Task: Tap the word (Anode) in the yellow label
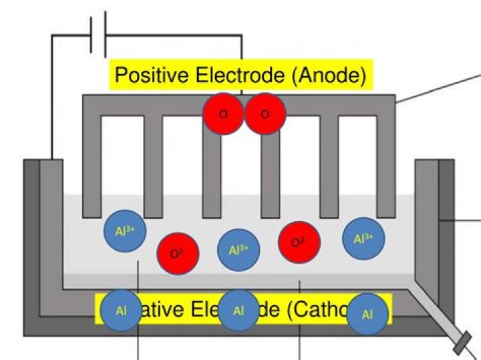(x=329, y=75)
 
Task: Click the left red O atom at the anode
(x=223, y=114)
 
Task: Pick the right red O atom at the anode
(x=265, y=114)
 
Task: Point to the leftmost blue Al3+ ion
(x=125, y=231)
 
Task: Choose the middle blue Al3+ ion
(x=238, y=250)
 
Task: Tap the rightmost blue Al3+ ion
(x=363, y=238)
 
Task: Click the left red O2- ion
(x=178, y=254)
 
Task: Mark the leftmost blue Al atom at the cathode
(x=121, y=311)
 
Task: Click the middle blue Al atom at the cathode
(x=238, y=311)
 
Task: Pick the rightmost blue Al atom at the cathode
(x=367, y=314)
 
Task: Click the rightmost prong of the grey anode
(x=387, y=167)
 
